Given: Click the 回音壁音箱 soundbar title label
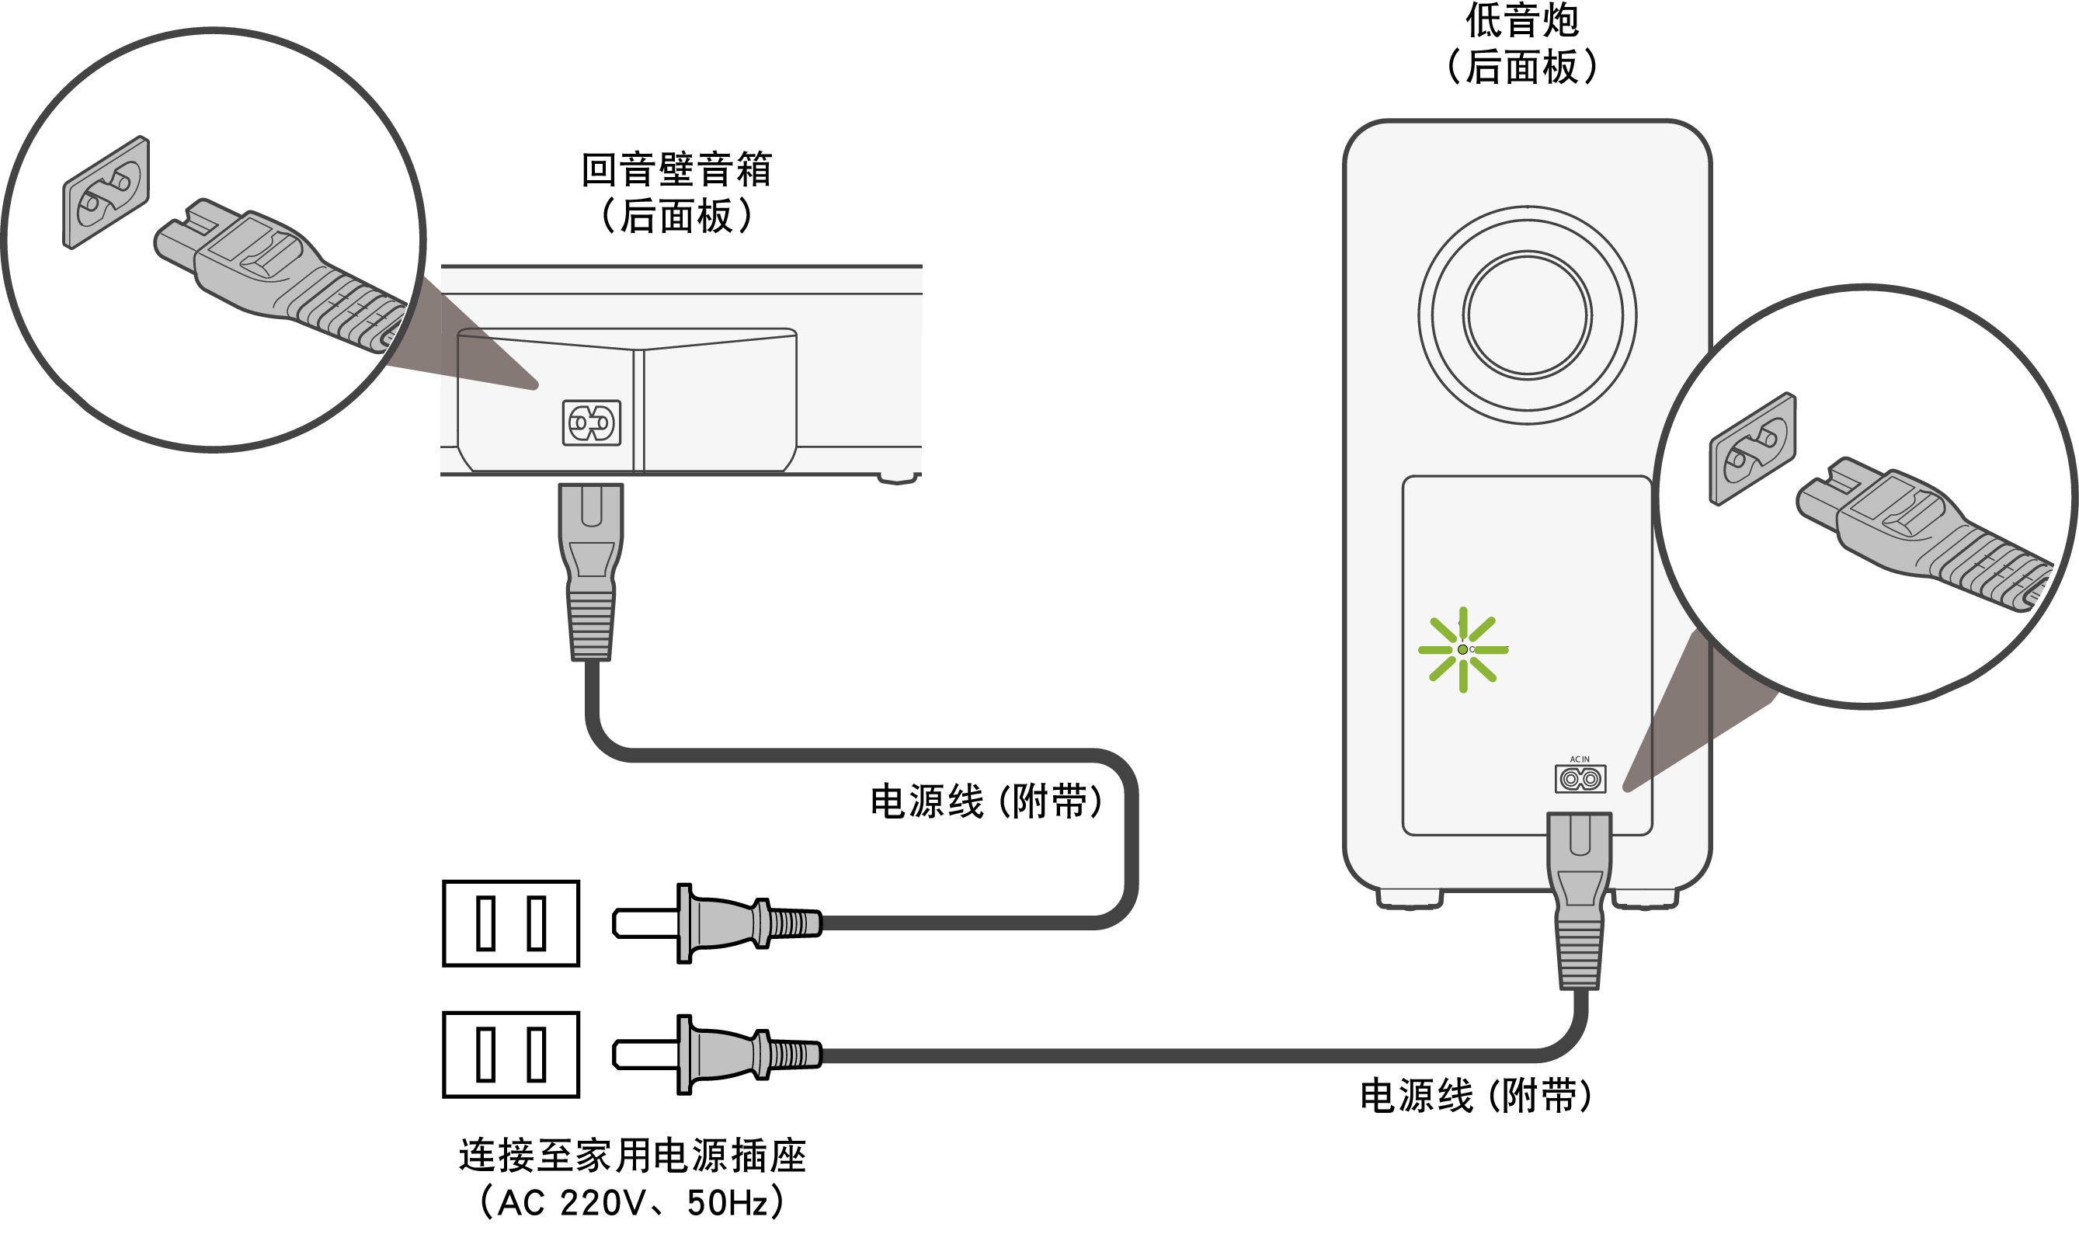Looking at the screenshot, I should pos(676,169).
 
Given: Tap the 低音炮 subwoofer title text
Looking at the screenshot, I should pos(1522,21).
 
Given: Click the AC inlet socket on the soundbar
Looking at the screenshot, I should pos(591,422).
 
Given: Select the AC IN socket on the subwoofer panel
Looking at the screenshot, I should pos(1580,779).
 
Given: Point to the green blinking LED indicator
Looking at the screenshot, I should pos(1463,649).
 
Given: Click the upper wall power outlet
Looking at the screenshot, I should pos(510,923).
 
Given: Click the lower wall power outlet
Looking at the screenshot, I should pos(510,1055).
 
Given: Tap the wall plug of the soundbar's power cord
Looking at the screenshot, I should pos(715,923).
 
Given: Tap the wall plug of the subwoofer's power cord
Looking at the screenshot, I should pos(715,1055).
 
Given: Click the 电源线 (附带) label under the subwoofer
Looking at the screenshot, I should pos(1476,1096).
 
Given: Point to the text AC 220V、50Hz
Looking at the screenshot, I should pos(632,1202).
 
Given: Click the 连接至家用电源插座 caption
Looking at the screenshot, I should pos(632,1156).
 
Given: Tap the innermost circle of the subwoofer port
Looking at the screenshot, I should pos(1527,315).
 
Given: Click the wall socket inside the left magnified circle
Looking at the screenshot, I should pos(106,193).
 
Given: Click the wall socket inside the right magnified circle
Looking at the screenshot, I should pos(1752,449).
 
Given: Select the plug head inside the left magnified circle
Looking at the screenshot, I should pos(242,258).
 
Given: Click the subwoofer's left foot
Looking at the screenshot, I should pos(1409,898).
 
